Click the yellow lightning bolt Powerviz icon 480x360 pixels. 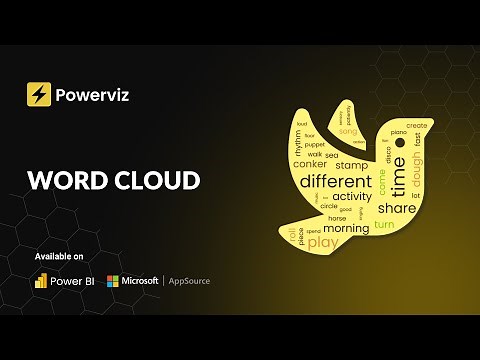click(x=39, y=95)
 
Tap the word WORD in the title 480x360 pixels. click(x=69, y=180)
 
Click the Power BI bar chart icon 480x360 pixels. click(x=41, y=281)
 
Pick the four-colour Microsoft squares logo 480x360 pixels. click(x=114, y=281)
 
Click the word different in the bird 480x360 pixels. click(x=335, y=181)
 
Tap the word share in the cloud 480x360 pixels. click(x=396, y=208)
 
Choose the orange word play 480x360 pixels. click(x=323, y=243)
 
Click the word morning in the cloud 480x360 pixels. click(x=345, y=228)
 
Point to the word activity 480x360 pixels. click(x=352, y=196)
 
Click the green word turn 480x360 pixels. click(x=384, y=225)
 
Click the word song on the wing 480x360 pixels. click(x=347, y=131)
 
